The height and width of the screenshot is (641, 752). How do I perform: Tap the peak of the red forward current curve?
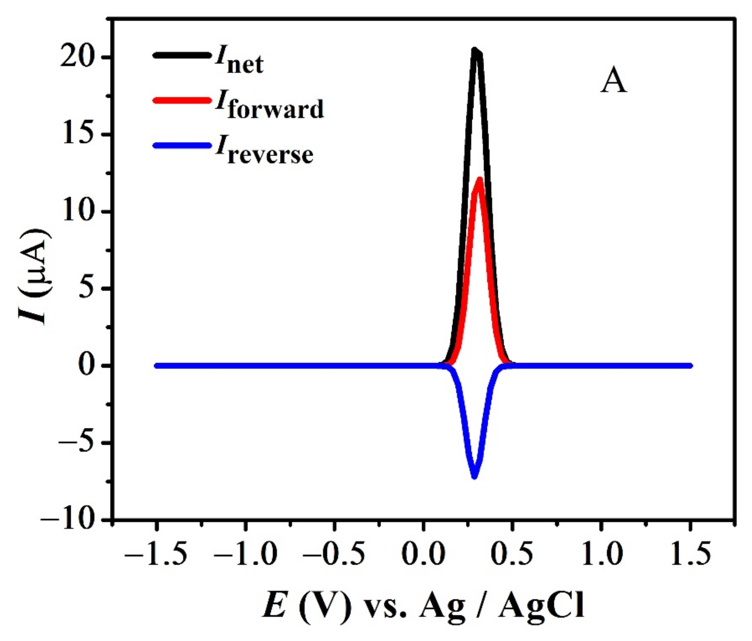click(480, 179)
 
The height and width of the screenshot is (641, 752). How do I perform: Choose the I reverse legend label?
click(264, 153)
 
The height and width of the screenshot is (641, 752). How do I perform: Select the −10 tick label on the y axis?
click(71, 520)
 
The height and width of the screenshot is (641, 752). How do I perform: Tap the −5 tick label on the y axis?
click(76, 443)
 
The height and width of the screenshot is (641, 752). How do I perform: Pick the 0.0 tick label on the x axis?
click(423, 554)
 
